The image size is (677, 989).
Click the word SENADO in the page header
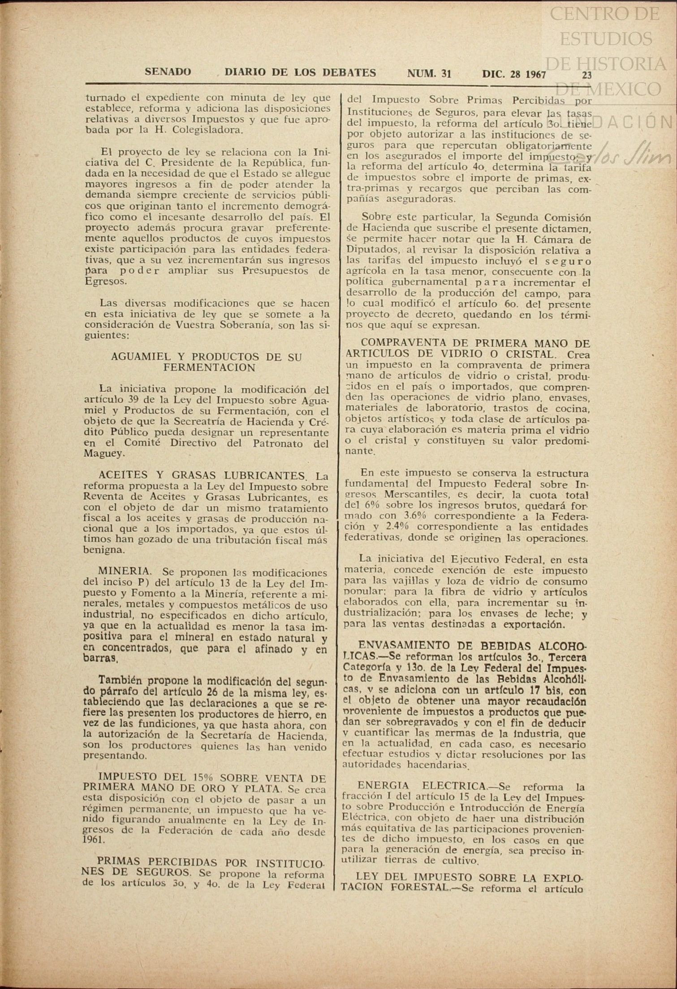[168, 72]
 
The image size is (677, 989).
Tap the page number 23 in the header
[586, 75]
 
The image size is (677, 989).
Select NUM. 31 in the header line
[429, 73]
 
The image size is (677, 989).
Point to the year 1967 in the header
[536, 74]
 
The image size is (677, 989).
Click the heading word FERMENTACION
[209, 367]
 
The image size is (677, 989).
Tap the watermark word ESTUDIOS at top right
[606, 39]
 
